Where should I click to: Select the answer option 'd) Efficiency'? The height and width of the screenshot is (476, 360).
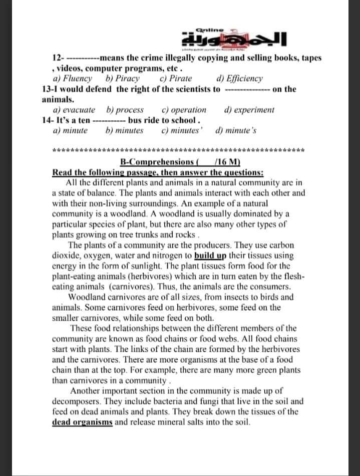239,79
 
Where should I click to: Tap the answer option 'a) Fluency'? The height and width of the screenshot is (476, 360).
73,79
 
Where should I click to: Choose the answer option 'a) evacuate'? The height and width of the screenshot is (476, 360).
74,110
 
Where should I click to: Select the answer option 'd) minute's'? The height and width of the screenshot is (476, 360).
236,131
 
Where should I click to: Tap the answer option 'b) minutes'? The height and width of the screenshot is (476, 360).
125,131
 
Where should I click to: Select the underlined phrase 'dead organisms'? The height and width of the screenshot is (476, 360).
83,422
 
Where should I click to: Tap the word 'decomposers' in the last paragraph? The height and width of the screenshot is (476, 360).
75,401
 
